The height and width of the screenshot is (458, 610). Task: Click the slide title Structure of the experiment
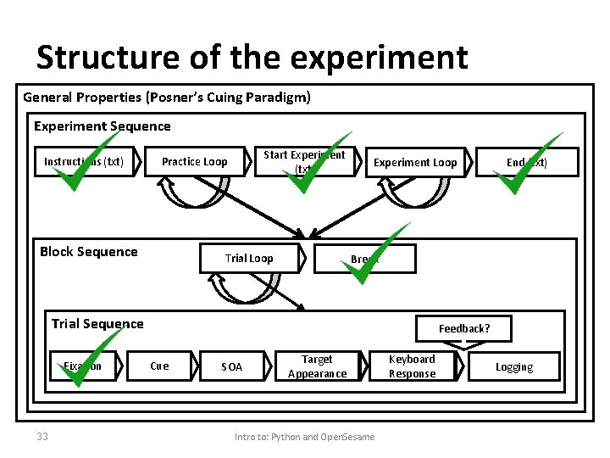[252, 58]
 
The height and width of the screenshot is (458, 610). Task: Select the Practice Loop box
[194, 162]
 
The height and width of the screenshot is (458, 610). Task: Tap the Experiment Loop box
[415, 163]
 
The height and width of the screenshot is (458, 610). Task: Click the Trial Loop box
[249, 259]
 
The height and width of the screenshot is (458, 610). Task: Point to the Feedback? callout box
[463, 328]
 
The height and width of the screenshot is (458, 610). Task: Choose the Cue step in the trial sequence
[159, 366]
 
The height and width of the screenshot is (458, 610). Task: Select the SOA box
[231, 366]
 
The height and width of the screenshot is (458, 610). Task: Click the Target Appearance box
[317, 366]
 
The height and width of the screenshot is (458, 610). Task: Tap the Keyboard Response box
[412, 366]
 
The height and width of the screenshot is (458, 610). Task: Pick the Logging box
[514, 366]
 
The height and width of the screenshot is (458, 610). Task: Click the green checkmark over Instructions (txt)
[83, 164]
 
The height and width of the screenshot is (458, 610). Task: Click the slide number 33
[42, 437]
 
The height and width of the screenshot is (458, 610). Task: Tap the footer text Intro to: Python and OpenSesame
[304, 437]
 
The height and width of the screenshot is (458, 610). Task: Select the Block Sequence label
[89, 252]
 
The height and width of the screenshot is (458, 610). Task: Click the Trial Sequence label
[97, 323]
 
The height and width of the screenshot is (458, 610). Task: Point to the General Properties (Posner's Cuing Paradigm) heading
[167, 98]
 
